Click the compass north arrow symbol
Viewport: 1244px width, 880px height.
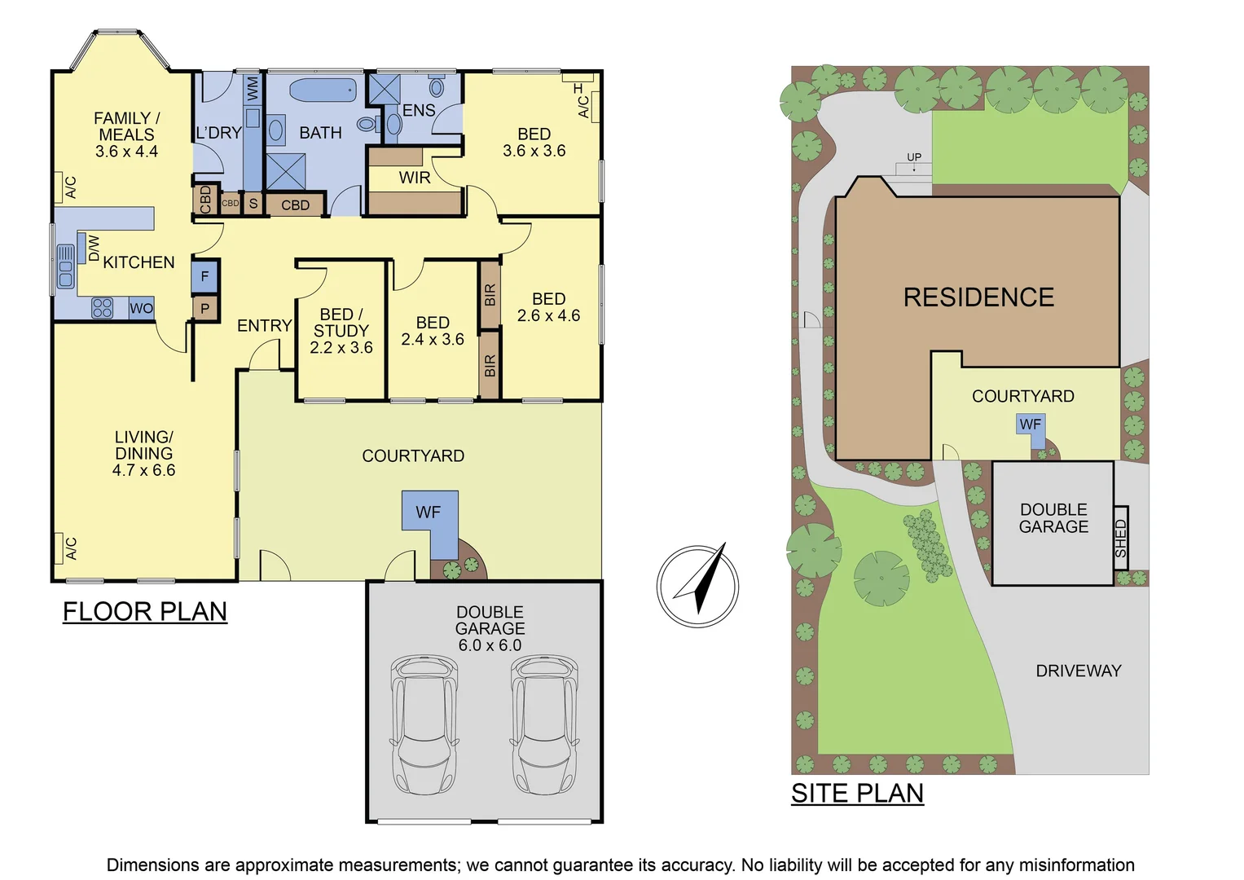click(698, 586)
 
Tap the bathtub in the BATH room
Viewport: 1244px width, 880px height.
click(323, 90)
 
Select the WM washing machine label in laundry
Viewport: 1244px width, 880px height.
click(253, 89)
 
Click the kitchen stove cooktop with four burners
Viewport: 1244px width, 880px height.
click(102, 308)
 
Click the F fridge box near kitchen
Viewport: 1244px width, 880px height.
click(204, 277)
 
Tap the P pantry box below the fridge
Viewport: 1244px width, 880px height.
click(204, 309)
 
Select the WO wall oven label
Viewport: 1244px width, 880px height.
click(141, 308)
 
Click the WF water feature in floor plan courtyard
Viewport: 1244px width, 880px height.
click(429, 513)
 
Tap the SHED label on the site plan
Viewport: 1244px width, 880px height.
click(1121, 538)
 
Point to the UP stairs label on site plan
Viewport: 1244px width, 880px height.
click(914, 157)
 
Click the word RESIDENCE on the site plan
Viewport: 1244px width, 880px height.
click(978, 297)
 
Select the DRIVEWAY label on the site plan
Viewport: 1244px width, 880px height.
click(1078, 671)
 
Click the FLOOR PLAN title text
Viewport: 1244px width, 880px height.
click(145, 611)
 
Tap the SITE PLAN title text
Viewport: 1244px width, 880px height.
click(857, 793)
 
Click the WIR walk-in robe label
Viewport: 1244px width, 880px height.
click(414, 178)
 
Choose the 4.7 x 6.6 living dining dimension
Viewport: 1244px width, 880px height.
click(143, 470)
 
